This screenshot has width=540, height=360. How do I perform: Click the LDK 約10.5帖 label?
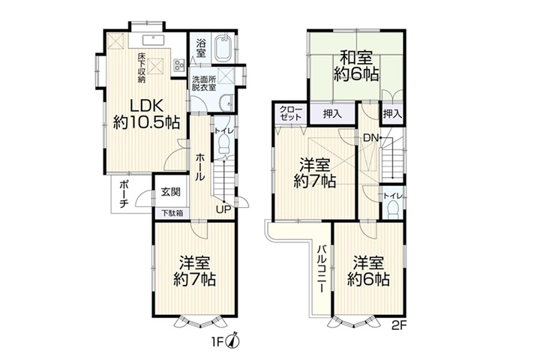[x=147, y=114]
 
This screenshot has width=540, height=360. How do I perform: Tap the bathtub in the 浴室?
[x=223, y=48]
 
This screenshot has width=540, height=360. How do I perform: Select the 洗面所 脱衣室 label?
[x=204, y=83]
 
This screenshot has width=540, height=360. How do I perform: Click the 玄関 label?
[x=171, y=191]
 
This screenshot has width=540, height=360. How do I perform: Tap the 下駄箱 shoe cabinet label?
[x=171, y=213]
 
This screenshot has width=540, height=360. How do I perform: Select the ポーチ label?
[x=124, y=194]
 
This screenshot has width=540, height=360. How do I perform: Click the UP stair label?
[x=223, y=209]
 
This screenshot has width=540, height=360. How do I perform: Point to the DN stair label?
[x=371, y=139]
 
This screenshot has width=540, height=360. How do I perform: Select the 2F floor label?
[x=400, y=326]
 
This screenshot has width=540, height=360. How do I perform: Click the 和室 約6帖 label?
[x=356, y=65]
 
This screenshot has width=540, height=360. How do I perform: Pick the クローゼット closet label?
[x=291, y=113]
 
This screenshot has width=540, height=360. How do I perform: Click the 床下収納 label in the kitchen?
[x=142, y=67]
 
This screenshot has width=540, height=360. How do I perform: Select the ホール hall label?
[x=200, y=167]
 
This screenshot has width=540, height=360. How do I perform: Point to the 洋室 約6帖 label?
[x=368, y=271]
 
